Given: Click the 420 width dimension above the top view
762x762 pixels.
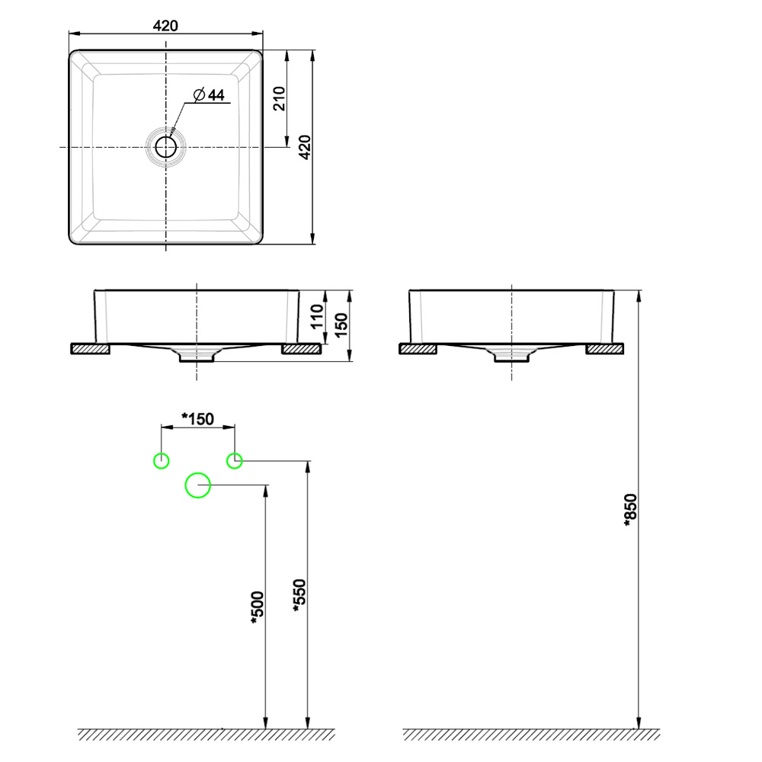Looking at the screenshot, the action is click(165, 26).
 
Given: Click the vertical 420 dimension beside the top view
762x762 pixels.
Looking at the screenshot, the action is click(305, 147).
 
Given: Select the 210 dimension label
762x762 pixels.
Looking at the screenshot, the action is click(279, 98).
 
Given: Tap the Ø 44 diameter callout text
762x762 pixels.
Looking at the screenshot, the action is click(209, 94).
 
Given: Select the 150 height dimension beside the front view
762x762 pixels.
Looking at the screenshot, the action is click(341, 325).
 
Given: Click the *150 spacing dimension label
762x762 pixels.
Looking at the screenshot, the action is click(197, 418).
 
